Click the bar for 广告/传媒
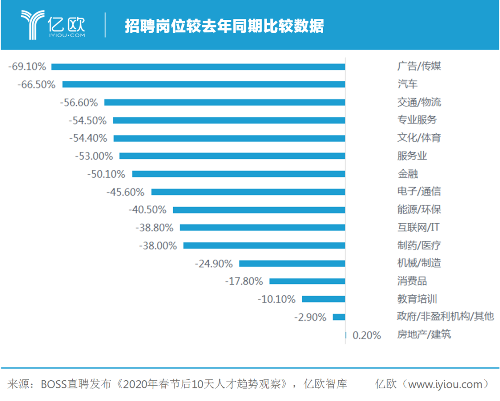point(198,67)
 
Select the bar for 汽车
point(204,84)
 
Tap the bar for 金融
point(238,174)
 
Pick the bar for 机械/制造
point(292,263)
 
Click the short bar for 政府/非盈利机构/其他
point(339,317)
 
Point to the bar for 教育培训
point(324,299)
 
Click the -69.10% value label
point(27,67)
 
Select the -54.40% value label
point(88,138)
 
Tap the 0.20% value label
point(367,335)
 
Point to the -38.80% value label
point(154,227)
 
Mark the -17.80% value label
point(244,281)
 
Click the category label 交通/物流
point(419,102)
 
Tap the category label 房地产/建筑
point(424,335)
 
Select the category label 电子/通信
point(419,192)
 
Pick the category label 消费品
point(412,281)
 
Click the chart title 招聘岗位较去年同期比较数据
point(224,26)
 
